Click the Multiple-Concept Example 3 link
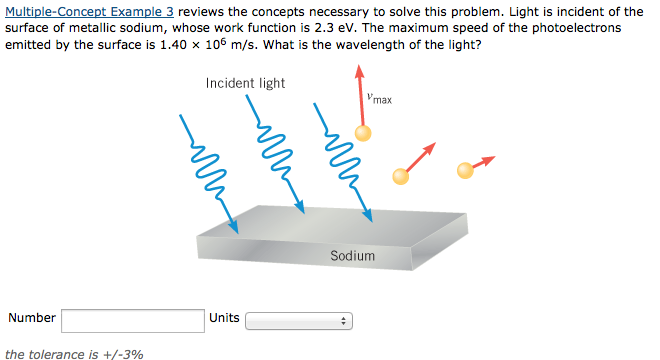(x=89, y=10)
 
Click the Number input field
(x=133, y=320)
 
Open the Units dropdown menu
(x=300, y=322)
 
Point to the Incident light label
(x=245, y=83)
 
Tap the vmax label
(x=379, y=98)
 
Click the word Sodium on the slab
(x=352, y=256)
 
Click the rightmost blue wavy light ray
(x=341, y=160)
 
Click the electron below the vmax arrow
(x=363, y=132)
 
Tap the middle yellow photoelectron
(x=401, y=176)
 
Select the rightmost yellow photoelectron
(x=465, y=170)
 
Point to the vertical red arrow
(x=360, y=95)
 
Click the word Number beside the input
(x=32, y=318)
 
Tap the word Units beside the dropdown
(x=224, y=318)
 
